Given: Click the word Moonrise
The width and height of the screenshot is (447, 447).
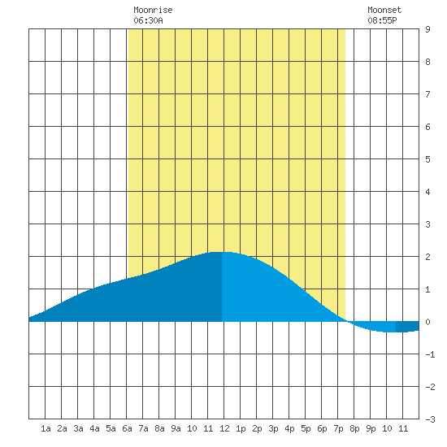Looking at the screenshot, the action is tap(153, 11).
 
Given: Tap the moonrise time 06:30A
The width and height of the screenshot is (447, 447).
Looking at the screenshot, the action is tap(148, 20).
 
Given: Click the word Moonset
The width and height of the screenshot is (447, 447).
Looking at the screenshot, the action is tap(384, 11).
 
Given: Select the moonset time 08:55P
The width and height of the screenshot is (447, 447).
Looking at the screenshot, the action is tap(382, 20).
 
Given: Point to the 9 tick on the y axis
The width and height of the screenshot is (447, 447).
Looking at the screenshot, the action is tap(427, 29).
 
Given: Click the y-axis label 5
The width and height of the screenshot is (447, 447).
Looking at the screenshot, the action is tap(427, 159).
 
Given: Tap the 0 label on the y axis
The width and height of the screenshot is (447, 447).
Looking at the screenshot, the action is tap(427, 322).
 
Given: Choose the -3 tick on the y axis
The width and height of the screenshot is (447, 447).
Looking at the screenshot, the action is tap(430, 419).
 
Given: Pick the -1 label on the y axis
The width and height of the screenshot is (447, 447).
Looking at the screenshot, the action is tap(430, 354).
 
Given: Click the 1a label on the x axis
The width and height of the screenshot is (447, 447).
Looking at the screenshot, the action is tap(46, 428).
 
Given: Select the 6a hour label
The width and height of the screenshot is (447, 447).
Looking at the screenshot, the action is tap(127, 428).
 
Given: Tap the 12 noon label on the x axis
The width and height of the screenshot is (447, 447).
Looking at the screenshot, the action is tap(224, 428).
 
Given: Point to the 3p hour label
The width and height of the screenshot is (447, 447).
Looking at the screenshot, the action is tap(273, 428).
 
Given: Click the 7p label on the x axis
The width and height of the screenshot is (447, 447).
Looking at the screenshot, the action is tap(338, 428).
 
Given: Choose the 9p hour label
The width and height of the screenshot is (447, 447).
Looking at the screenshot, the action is tap(371, 428).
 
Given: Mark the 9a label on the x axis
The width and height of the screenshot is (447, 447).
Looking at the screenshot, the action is tap(176, 428).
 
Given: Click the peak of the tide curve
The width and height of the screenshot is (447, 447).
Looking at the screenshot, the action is tap(220, 252).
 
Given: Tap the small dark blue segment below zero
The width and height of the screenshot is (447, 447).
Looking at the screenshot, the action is tap(407, 327).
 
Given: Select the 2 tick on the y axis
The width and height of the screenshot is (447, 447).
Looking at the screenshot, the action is tap(427, 257).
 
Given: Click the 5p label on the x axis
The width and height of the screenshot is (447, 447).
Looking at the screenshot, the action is tap(306, 428).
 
